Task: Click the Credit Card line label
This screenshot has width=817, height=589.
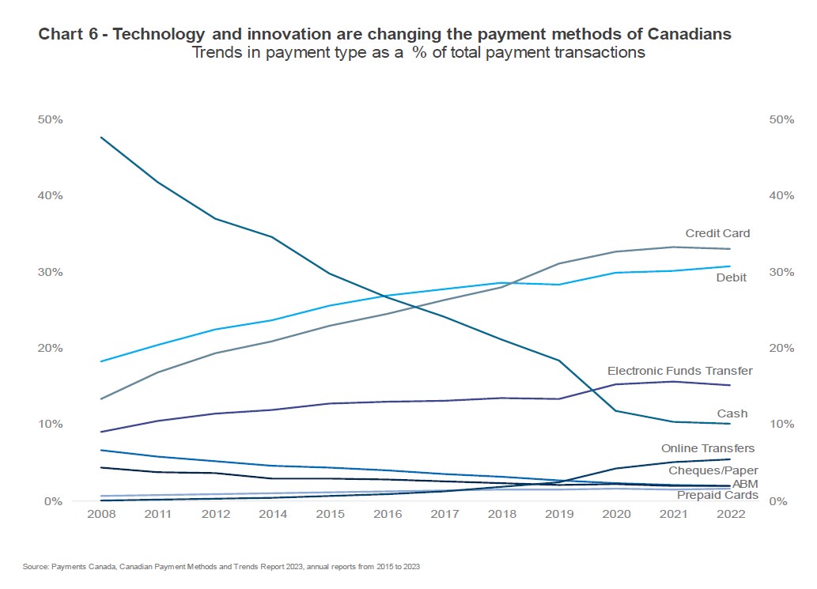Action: [x=717, y=233]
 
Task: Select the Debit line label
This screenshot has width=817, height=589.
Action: [x=731, y=278]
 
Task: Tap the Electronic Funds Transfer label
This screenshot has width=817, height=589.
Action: [x=679, y=370]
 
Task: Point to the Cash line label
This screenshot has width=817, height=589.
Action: [x=732, y=413]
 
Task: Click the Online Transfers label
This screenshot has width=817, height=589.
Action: [x=708, y=448]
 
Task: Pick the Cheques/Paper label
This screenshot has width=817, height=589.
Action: [x=713, y=470]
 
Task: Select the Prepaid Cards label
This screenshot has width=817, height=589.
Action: [x=717, y=495]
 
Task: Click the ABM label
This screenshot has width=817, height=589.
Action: [x=744, y=483]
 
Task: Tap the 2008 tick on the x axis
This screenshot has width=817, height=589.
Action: [x=99, y=515]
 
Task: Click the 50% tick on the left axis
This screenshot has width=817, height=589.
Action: [x=50, y=119]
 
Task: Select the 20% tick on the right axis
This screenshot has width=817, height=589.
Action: [x=781, y=348]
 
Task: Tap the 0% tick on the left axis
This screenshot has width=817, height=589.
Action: [x=53, y=500]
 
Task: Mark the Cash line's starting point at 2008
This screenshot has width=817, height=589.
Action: [x=100, y=138]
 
